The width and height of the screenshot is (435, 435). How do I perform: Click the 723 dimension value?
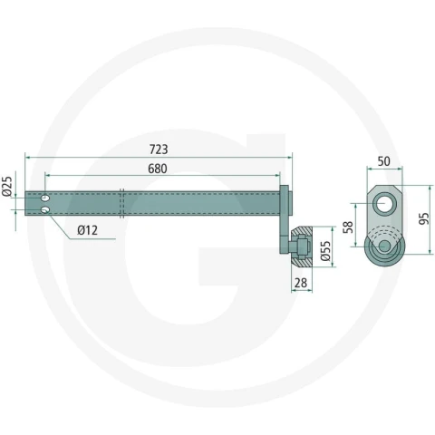pyautogui.click(x=159, y=150)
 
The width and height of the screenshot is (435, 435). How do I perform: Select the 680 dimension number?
pyautogui.click(x=158, y=169)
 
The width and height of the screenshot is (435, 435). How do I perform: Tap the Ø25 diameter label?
pyautogui.click(x=7, y=186)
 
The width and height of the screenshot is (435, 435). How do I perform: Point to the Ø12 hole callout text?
pyautogui.click(x=87, y=230)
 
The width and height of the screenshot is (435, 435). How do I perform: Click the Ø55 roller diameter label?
pyautogui.click(x=325, y=251)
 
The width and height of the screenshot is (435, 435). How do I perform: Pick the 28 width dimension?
pyautogui.click(x=301, y=283)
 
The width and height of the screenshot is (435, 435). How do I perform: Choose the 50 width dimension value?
pyautogui.click(x=383, y=161)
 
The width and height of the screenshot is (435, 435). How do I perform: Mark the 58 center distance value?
pyautogui.click(x=348, y=227)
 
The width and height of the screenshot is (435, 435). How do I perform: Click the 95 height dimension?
pyautogui.click(x=424, y=218)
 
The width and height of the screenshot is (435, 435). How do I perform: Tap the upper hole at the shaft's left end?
pyautogui.click(x=45, y=198)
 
